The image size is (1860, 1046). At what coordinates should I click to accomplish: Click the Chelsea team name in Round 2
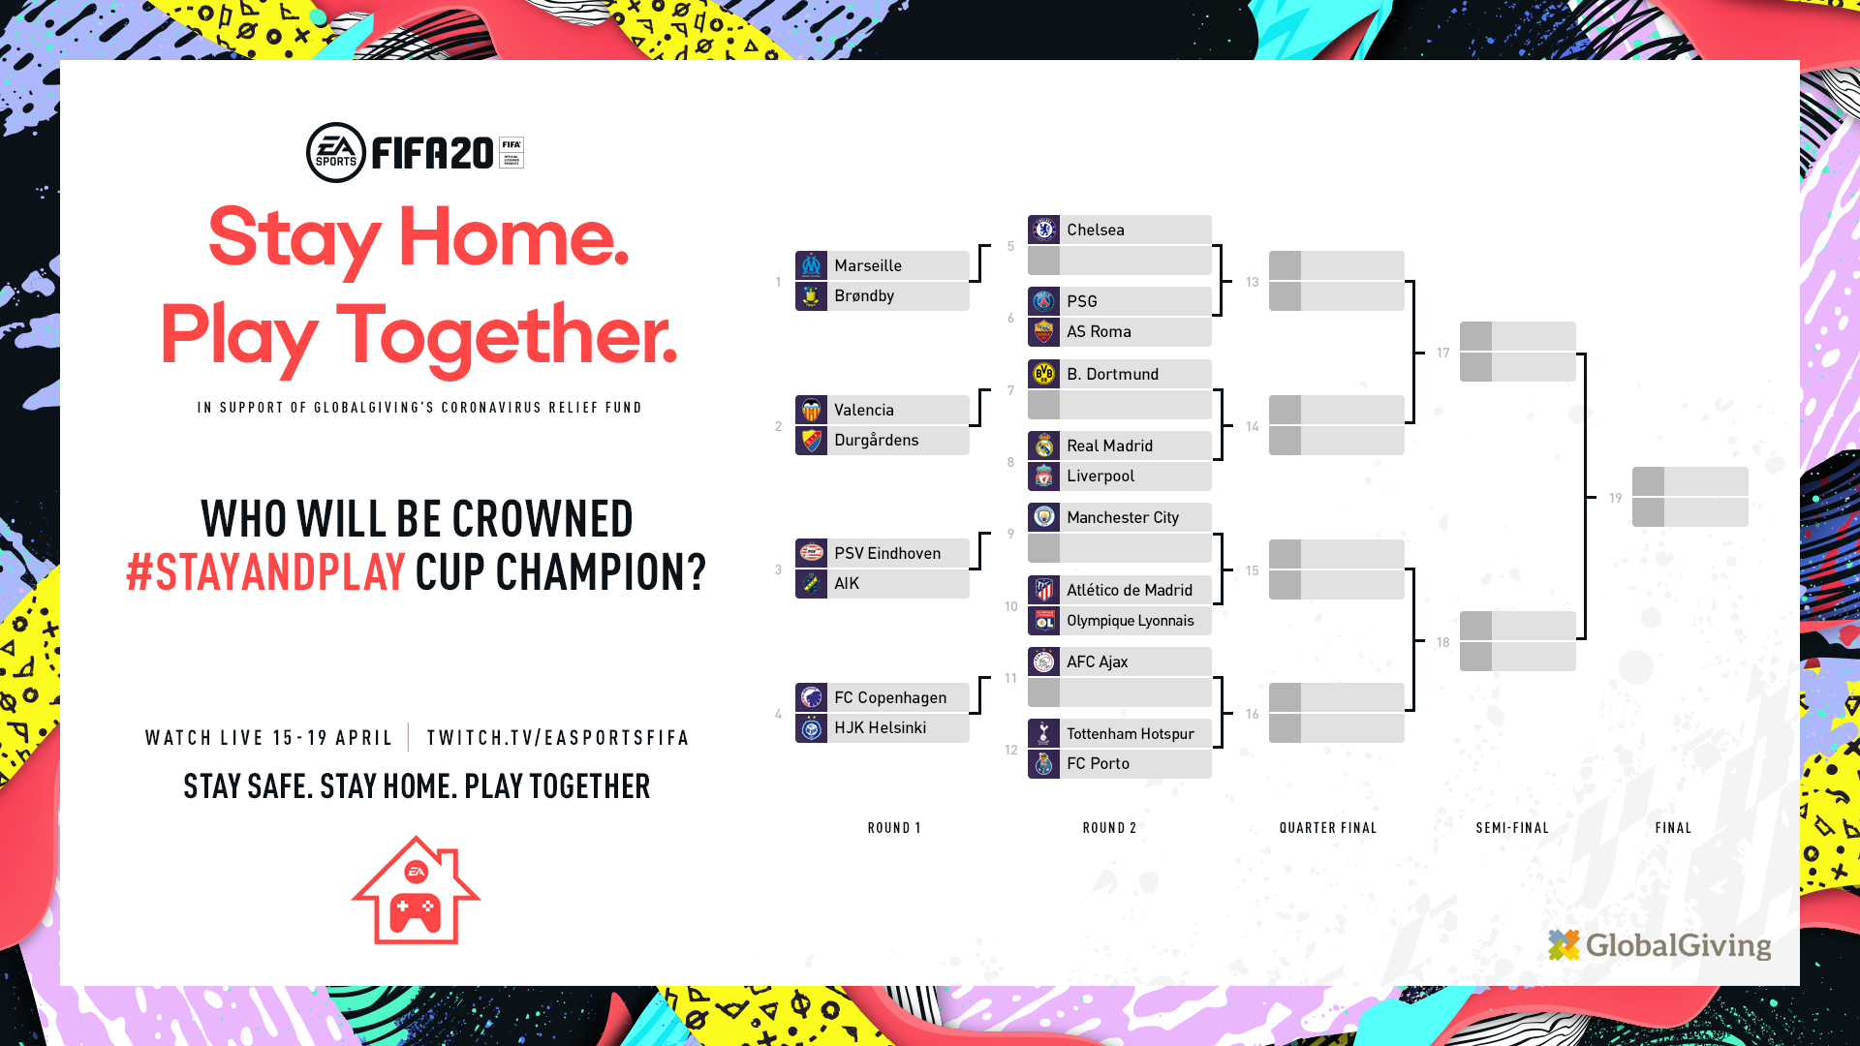coord(1096,230)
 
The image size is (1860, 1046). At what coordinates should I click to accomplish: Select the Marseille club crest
coord(811,265)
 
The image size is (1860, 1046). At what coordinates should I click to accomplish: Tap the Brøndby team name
coord(864,295)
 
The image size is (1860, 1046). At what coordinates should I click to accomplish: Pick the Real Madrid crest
coord(1043,446)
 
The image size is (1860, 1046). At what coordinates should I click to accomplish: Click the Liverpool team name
coord(1100,476)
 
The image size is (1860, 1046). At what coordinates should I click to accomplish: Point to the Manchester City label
coord(1123,517)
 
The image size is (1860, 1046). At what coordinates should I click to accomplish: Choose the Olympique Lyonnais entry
coord(1131,621)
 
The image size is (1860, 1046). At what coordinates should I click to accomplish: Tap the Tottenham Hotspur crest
coord(1043,733)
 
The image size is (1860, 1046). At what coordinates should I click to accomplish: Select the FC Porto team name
coord(1098,763)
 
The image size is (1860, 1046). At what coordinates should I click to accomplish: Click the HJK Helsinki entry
coord(880,727)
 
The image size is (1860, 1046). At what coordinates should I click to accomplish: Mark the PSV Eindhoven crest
coord(811,553)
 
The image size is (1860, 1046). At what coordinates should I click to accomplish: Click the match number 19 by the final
coord(1615,498)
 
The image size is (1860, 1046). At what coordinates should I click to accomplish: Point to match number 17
coord(1443,353)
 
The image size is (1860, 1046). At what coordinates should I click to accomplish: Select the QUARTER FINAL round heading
coord(1328,828)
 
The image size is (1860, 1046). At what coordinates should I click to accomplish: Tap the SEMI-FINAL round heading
coord(1512,828)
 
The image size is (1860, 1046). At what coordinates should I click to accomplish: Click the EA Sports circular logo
coord(336,152)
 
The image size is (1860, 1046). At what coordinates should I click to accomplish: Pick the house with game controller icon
coord(416,890)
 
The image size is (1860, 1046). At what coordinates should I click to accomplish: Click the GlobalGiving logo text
coord(1678,945)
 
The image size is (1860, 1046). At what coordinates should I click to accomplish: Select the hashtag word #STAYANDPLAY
coord(265,571)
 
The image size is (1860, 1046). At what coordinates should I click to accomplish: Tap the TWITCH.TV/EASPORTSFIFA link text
coord(558,738)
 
